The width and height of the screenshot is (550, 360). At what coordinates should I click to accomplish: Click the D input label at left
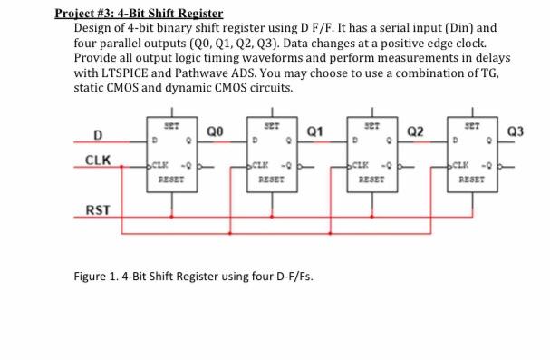(95, 136)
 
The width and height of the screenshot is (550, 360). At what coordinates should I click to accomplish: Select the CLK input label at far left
(97, 161)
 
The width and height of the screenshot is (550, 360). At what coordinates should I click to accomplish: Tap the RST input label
(97, 211)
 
